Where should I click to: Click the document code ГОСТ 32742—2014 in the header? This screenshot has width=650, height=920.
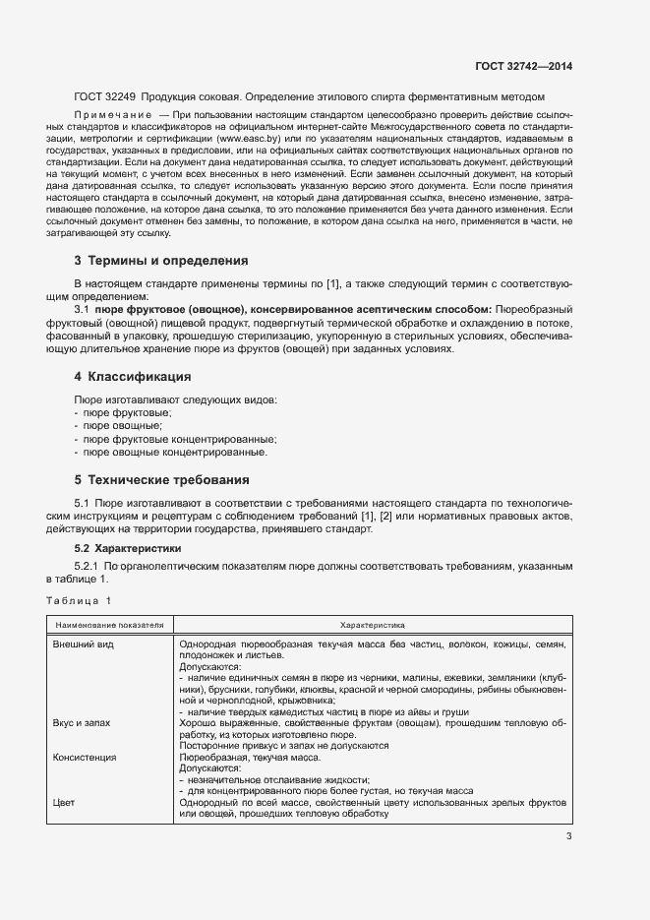[525, 66]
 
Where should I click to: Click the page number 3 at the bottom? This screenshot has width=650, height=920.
[568, 836]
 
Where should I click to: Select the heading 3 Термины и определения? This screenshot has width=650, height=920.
[161, 261]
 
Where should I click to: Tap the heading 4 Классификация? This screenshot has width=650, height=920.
[132, 377]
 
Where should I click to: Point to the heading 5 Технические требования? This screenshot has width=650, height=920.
[161, 480]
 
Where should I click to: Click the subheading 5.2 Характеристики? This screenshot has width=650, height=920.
[128, 547]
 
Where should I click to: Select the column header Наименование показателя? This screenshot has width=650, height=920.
[109, 624]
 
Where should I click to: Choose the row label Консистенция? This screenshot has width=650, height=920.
[86, 758]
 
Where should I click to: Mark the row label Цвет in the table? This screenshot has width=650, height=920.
[64, 803]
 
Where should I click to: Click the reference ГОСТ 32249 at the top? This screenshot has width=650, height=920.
[104, 96]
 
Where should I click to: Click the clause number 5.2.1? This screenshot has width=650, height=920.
[89, 567]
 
